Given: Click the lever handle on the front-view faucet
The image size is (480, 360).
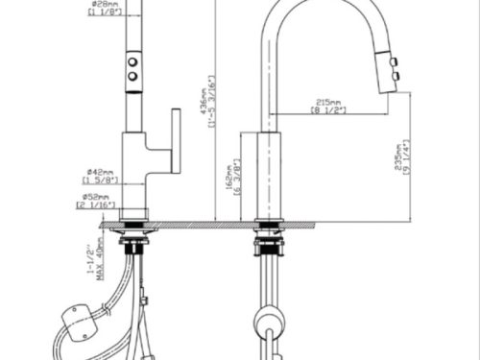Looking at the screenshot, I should [176, 140].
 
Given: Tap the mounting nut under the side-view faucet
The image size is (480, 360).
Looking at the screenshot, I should [268, 242].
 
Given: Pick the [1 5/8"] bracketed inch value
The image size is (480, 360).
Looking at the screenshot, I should [100, 179].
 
